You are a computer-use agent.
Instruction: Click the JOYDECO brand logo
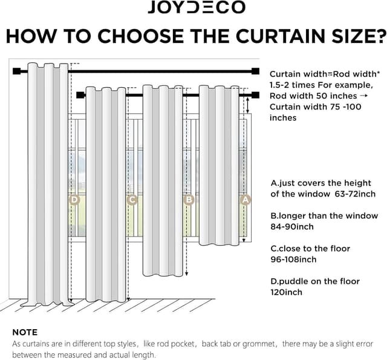(197, 8)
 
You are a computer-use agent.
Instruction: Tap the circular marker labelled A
(245, 198)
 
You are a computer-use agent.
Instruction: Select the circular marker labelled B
(189, 199)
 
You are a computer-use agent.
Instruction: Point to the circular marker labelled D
(74, 199)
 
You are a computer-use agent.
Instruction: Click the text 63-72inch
(354, 194)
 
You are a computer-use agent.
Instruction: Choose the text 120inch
(286, 292)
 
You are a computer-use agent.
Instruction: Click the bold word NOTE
(25, 332)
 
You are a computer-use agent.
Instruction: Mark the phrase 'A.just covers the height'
(320, 183)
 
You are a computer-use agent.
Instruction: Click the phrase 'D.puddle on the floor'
(314, 281)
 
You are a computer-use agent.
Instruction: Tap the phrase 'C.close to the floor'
(310, 249)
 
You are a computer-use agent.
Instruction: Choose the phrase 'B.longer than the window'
(324, 216)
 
